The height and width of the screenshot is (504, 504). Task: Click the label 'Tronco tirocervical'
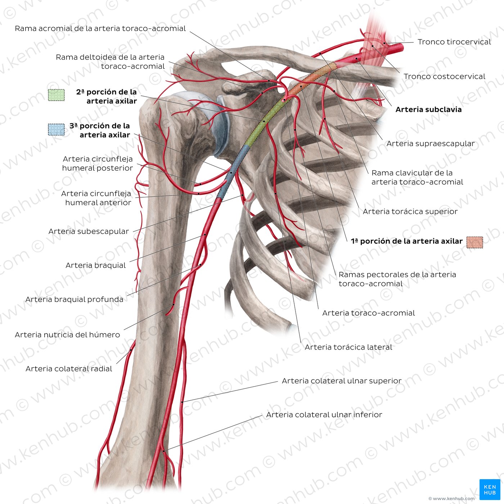point(454,42)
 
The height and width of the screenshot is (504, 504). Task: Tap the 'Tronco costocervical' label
point(444,76)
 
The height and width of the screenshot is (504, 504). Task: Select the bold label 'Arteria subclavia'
point(428,109)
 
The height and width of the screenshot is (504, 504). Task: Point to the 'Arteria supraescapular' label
point(431,143)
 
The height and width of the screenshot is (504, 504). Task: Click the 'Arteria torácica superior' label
point(410,211)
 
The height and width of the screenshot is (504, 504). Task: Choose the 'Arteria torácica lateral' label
point(348,347)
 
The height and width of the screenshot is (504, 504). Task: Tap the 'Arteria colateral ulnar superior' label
point(342,381)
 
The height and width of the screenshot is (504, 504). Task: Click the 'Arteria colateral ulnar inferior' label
point(324,415)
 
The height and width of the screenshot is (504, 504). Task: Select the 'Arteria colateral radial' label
point(69,369)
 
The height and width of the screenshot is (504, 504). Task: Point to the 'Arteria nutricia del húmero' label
point(67,335)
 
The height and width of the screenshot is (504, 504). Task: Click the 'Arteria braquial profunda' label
point(74,300)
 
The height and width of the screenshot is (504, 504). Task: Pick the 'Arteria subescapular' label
point(89,231)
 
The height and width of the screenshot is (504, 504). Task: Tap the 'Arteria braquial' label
point(95,265)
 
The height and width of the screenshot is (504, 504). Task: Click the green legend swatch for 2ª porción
point(56,95)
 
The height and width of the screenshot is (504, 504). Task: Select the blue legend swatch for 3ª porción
point(56,130)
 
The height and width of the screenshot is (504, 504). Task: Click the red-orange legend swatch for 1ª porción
point(475,242)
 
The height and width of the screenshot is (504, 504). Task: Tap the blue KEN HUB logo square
point(490,490)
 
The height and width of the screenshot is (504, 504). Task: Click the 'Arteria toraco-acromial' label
point(368,313)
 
